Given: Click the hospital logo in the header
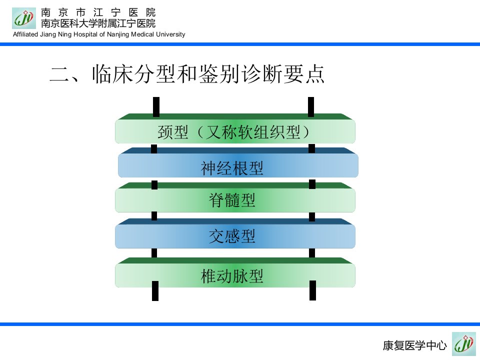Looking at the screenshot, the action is pos(24,18).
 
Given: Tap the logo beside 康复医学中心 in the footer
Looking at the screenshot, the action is pos(464,344).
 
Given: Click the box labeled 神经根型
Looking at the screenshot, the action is pos(238,165).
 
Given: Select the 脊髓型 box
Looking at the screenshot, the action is pos(235,200).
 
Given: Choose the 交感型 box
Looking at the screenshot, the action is pos(235,236).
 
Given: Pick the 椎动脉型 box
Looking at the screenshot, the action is pos(235,275).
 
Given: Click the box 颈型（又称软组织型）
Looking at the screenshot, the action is pos(235,131).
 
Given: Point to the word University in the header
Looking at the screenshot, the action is pos(171,34).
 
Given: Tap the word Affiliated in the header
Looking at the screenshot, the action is pos(25,34).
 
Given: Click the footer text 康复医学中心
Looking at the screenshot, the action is pos(415,345).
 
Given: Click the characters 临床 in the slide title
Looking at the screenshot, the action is pos(112,74).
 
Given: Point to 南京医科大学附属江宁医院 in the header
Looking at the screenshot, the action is pos(98,23).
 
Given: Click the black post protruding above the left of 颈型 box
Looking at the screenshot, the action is pos(156,107).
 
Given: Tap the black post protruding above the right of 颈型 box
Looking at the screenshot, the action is pos(311,107).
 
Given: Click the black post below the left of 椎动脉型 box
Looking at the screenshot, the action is pos(155,291).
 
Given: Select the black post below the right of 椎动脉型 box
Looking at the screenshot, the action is pos(312,290).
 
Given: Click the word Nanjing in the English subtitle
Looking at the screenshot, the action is pos(118,34).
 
